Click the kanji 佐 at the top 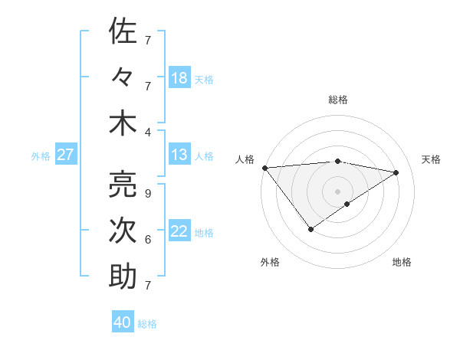coord(123,32)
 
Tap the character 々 coord(123,78)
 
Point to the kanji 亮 coord(123,184)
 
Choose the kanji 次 coord(123,231)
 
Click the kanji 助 coord(123,277)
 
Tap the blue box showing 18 coord(179,78)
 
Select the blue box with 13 coord(179,155)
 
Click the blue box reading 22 coord(179,231)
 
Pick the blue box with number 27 coord(65,155)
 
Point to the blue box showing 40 coord(123,322)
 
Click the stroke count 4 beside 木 coord(147,132)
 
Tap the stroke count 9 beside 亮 coord(147,193)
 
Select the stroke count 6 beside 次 coord(147,240)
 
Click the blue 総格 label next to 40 coord(147,324)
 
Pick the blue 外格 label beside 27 coord(41,156)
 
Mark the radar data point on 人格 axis coord(264,168)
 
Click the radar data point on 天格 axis coord(396,172)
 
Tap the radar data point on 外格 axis coord(310,229)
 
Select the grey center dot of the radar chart coord(337,190)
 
